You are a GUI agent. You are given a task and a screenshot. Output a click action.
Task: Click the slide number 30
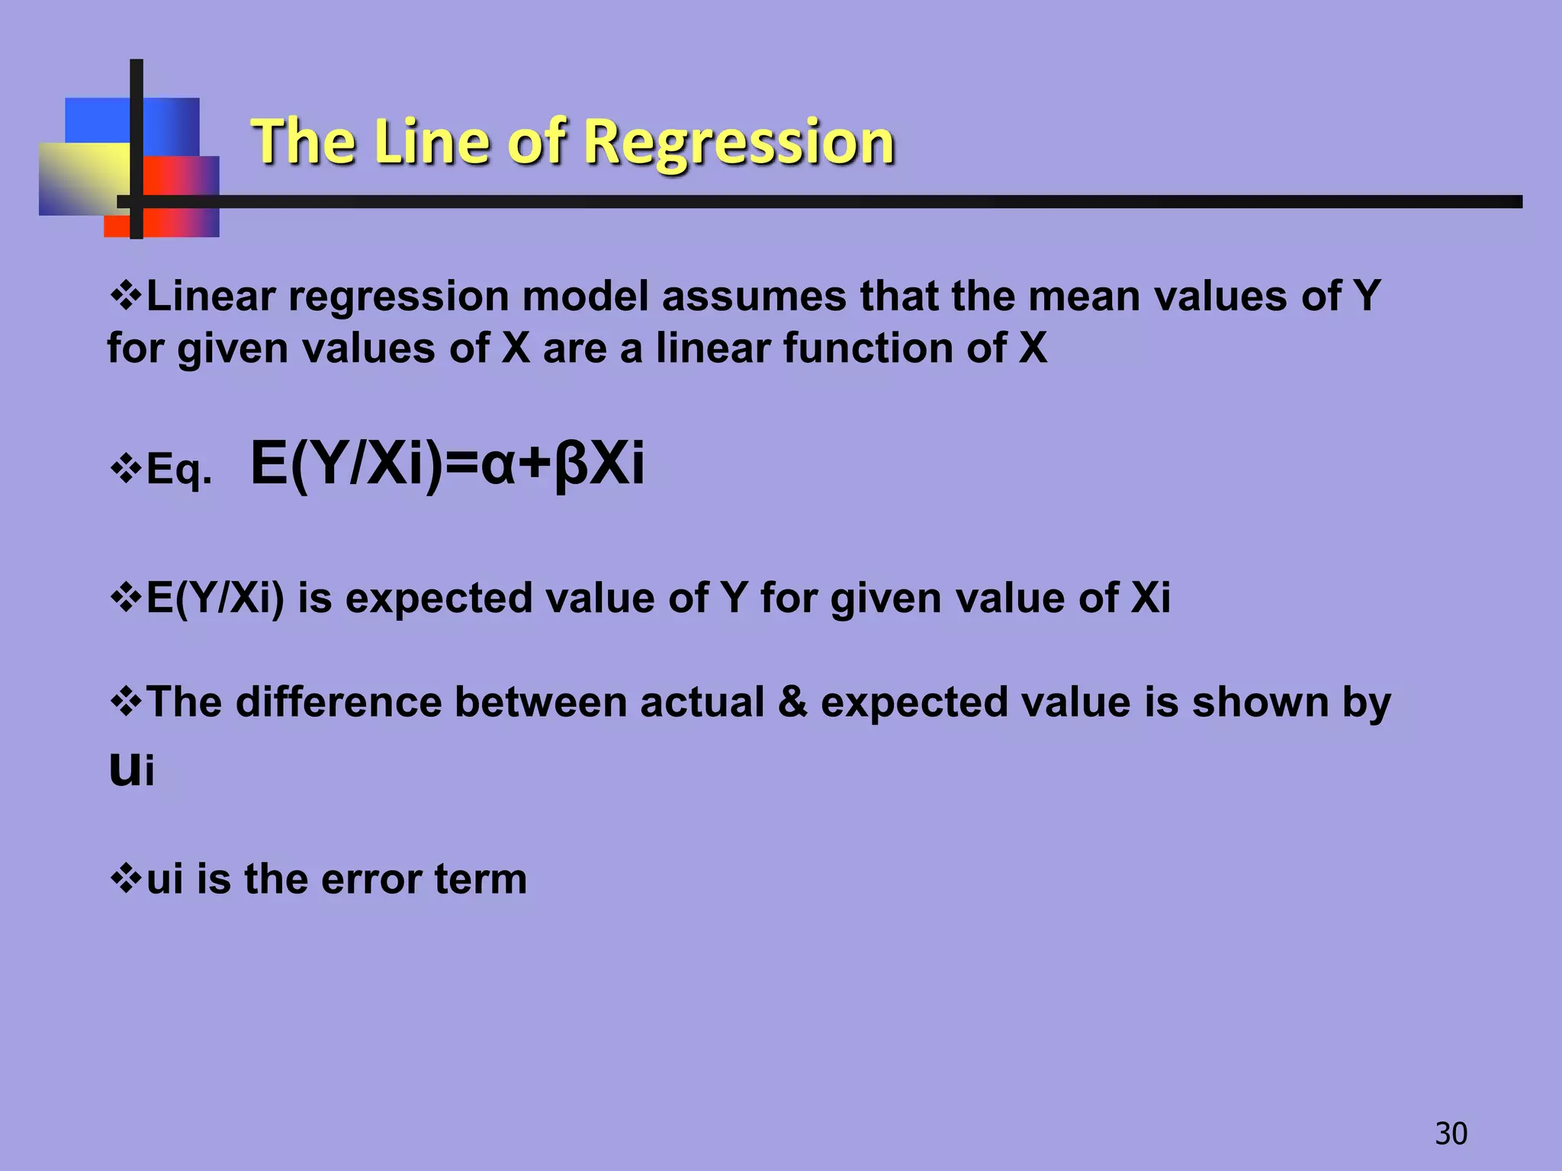pyautogui.click(x=1451, y=1134)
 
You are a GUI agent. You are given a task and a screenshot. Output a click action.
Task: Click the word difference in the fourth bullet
pyautogui.click(x=338, y=701)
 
